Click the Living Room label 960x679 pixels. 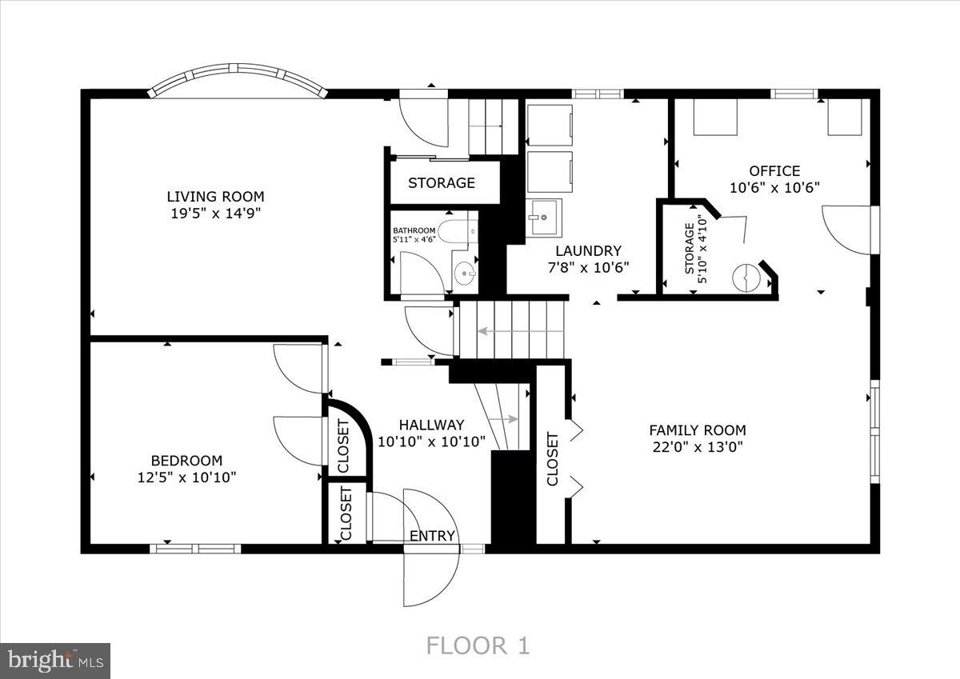215,196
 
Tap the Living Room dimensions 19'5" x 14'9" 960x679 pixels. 215,213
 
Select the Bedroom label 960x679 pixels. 186,461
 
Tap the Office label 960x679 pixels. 774,170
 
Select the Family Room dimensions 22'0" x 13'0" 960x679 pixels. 697,447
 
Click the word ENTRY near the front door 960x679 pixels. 432,536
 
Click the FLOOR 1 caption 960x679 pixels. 478,645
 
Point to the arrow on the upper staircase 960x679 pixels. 512,330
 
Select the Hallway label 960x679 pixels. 431,425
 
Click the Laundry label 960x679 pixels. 588,250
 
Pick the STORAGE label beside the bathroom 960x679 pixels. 442,183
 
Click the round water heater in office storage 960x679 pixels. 745,277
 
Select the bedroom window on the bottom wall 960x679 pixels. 196,549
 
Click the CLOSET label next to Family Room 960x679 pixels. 552,459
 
